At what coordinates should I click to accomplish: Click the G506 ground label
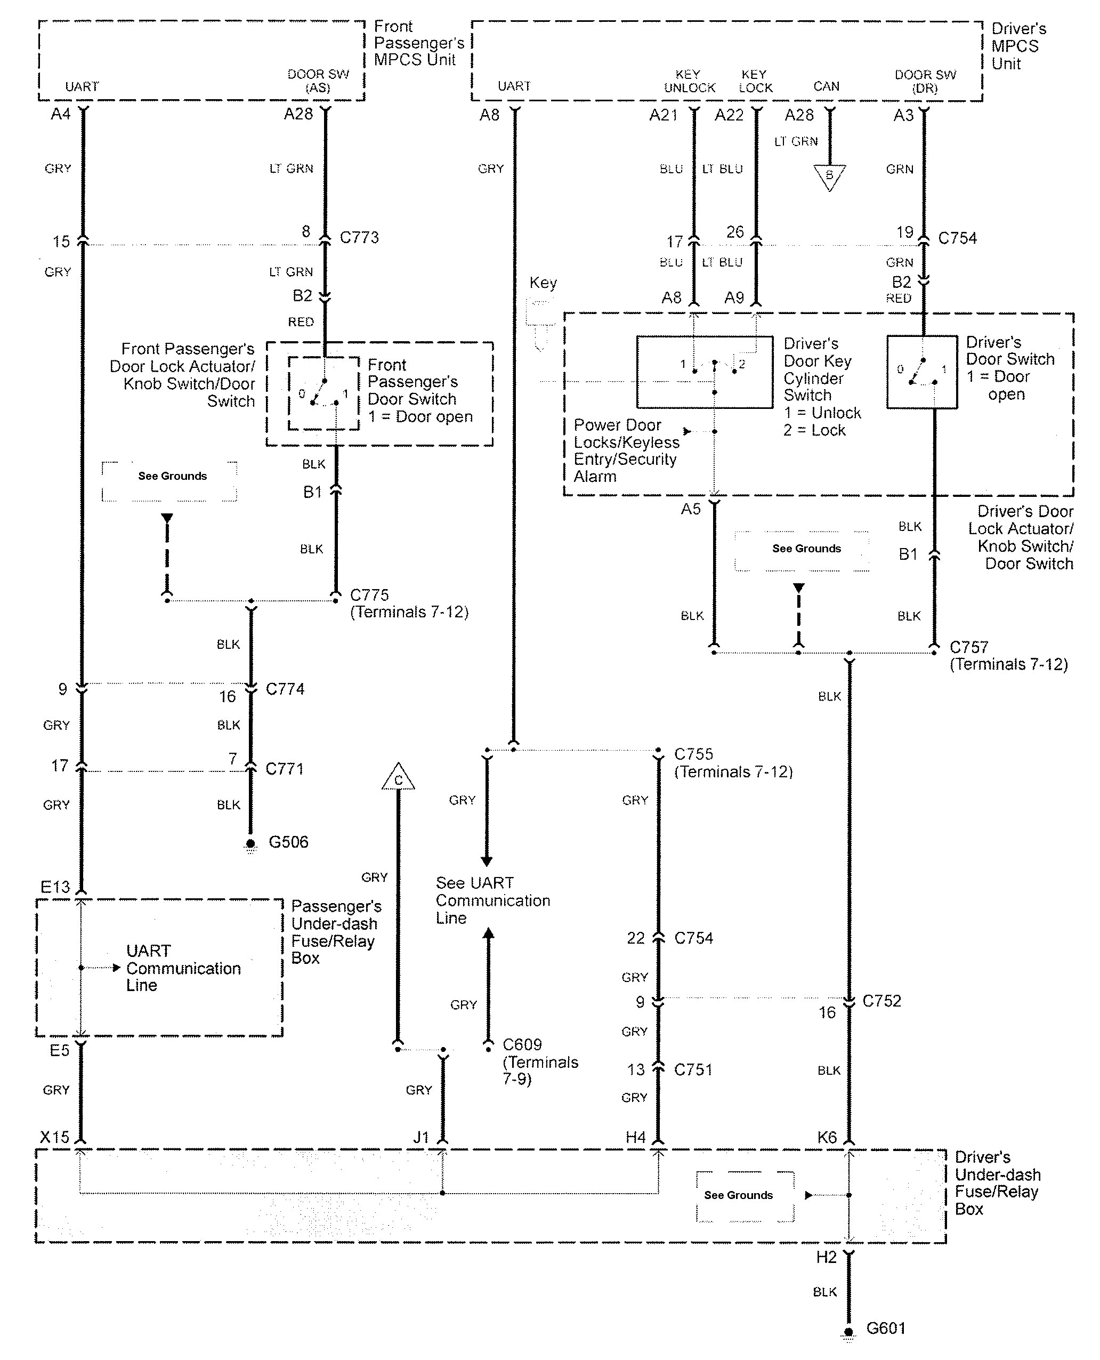click(x=288, y=842)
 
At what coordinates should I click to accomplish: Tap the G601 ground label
click(x=886, y=1329)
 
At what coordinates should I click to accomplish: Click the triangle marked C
click(x=398, y=778)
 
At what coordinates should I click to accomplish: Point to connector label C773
click(x=359, y=238)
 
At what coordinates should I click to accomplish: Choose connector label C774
click(x=285, y=689)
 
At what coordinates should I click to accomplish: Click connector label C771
click(x=285, y=769)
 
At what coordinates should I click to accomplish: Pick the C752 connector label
click(x=881, y=1001)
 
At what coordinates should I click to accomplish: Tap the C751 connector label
click(x=693, y=1070)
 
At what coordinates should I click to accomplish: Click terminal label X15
click(x=54, y=1137)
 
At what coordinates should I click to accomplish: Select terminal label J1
click(x=422, y=1137)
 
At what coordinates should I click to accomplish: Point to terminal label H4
click(x=636, y=1137)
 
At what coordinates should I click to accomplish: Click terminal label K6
click(x=827, y=1137)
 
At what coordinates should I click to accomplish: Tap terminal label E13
click(x=55, y=887)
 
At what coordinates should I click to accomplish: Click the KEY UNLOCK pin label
click(x=690, y=81)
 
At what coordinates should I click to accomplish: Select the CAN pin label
click(x=826, y=86)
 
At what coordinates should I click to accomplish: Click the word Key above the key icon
click(x=543, y=283)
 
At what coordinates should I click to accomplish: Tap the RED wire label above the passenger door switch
click(x=301, y=322)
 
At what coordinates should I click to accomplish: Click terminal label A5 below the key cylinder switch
click(x=691, y=509)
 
